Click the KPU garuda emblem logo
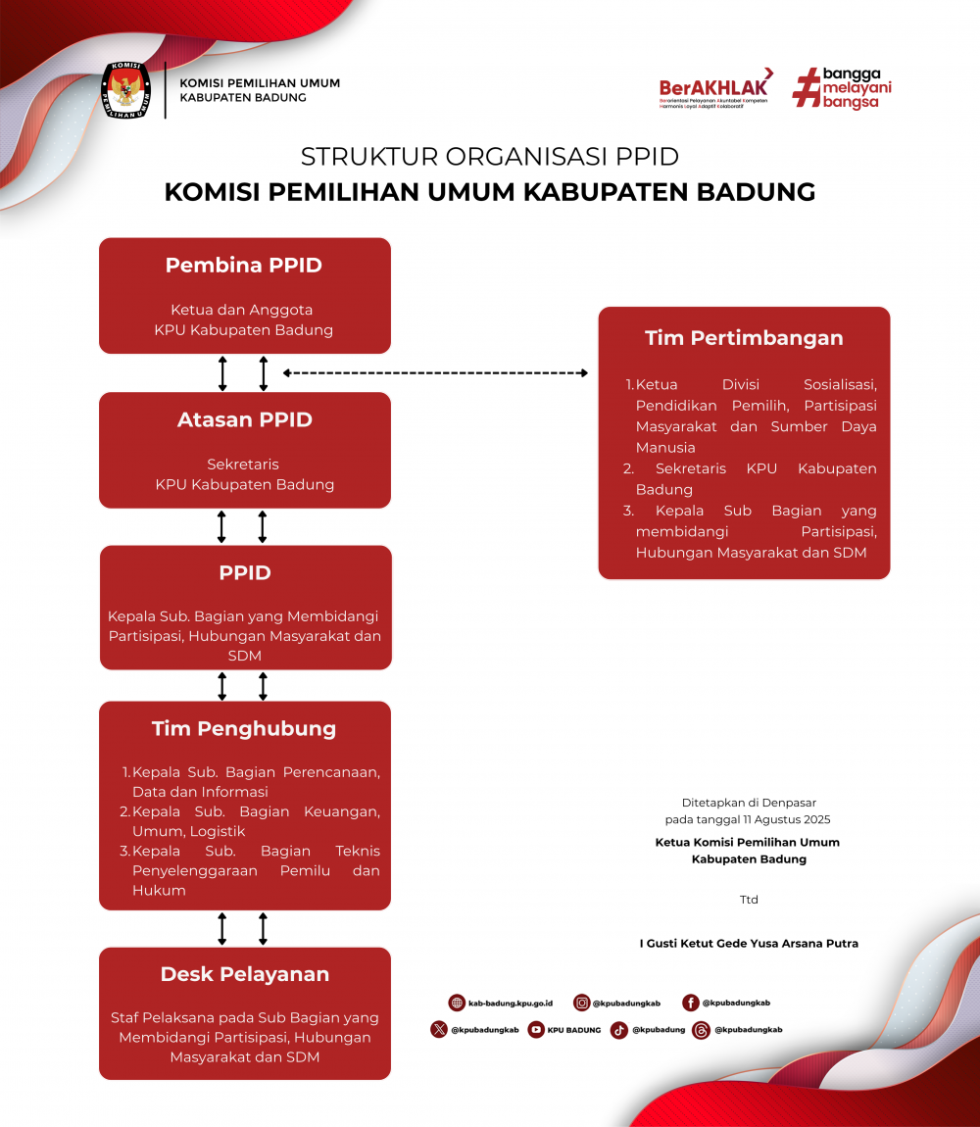(126, 91)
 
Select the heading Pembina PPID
(244, 265)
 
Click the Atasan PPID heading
(245, 419)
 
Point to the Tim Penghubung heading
(244, 728)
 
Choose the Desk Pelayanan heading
(245, 974)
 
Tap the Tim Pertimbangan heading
(744, 338)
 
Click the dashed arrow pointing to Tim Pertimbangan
(436, 372)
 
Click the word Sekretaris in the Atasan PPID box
(244, 465)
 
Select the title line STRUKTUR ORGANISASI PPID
(489, 157)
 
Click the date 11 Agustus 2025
(773, 819)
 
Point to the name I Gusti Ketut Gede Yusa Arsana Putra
(749, 944)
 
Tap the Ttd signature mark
(749, 900)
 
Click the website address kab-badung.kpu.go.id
(511, 1004)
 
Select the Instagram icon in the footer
(582, 1003)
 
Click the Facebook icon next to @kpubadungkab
(691, 1003)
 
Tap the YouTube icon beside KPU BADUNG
(536, 1030)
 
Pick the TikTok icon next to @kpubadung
(619, 1030)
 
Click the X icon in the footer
(439, 1030)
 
